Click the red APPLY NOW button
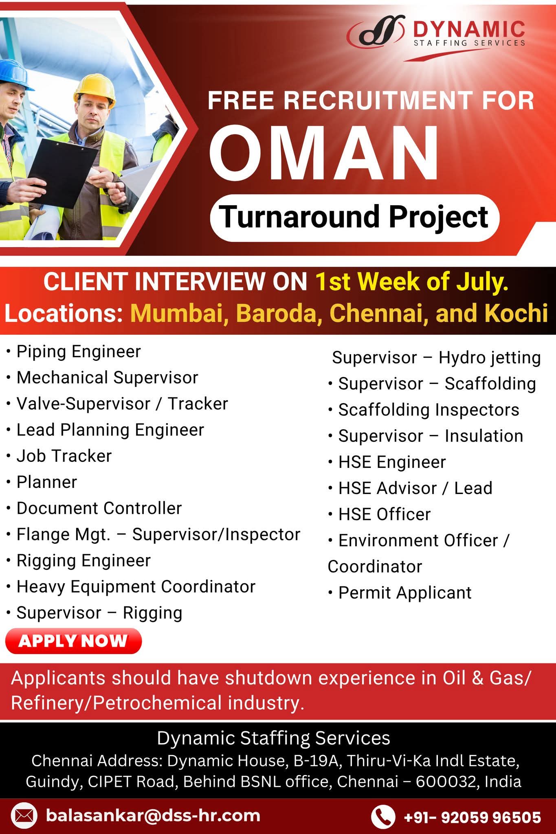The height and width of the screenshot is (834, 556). (x=73, y=641)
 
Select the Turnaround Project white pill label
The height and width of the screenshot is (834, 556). (x=354, y=218)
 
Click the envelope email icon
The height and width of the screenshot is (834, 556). (x=24, y=816)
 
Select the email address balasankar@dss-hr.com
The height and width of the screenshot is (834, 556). (x=153, y=816)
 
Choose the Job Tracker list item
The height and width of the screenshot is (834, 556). (x=64, y=456)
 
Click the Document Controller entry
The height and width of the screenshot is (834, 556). (x=99, y=508)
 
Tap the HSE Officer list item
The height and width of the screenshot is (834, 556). (x=385, y=514)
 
